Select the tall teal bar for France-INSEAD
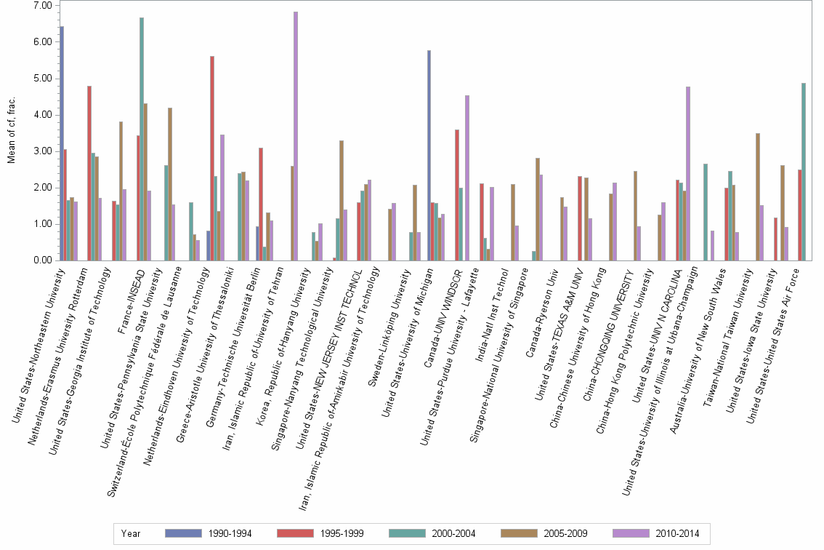[x=142, y=139]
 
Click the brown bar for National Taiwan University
[x=758, y=196]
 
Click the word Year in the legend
[x=132, y=533]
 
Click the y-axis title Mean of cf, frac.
[x=11, y=133]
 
